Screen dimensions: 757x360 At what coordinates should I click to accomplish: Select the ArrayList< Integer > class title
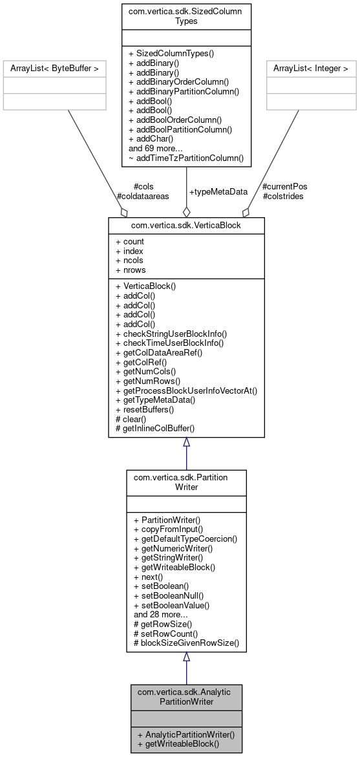tap(310, 67)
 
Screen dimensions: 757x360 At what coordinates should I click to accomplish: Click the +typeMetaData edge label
tap(218, 191)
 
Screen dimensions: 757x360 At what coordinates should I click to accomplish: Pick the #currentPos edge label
tap(285, 186)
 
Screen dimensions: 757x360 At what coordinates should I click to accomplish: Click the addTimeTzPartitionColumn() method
tap(186, 157)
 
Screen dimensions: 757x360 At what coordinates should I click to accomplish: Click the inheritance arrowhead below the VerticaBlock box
tap(186, 442)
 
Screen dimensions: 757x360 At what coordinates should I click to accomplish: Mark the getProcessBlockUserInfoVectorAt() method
tap(186, 390)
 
